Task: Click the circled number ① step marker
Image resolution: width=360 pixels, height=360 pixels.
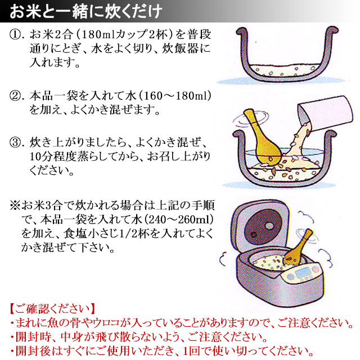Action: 15,35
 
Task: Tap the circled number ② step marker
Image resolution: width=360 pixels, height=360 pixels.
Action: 15,96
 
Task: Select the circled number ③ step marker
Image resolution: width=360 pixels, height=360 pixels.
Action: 15,142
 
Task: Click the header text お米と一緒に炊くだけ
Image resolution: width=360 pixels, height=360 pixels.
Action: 85,11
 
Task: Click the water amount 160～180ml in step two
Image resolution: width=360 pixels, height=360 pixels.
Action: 175,96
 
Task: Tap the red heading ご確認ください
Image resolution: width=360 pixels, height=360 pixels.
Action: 52,309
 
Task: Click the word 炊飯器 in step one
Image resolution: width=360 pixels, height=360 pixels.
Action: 179,49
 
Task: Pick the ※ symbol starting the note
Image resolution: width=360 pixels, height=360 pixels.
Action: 15,205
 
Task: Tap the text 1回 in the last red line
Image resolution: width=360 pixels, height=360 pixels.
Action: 192,351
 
